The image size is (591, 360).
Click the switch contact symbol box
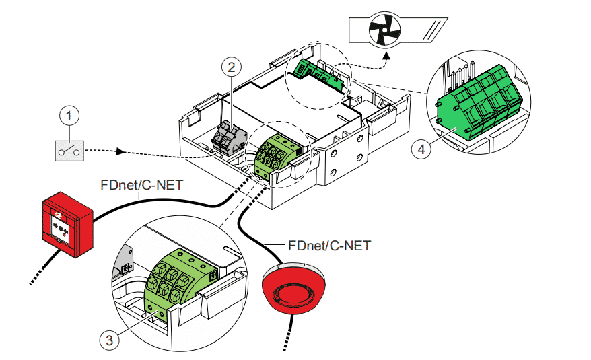point(69,150)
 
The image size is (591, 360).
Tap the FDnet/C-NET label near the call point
point(142,185)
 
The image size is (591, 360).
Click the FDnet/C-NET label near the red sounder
point(328,245)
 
